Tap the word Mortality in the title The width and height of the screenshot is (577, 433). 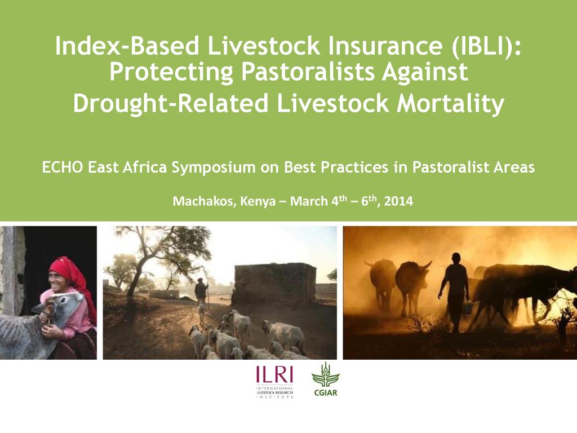450,104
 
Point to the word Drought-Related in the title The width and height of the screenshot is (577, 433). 171,104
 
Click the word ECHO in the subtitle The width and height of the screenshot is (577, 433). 63,167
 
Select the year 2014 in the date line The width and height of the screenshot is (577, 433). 398,201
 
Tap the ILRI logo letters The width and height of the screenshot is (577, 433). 275,375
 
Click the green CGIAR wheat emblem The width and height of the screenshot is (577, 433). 325,374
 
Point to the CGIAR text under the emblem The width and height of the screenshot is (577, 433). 326,392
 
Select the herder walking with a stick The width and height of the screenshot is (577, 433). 201,290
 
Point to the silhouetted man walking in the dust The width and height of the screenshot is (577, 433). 455,291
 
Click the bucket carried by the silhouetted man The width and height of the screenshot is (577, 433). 467,308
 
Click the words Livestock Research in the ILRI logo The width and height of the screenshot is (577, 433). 275,392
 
